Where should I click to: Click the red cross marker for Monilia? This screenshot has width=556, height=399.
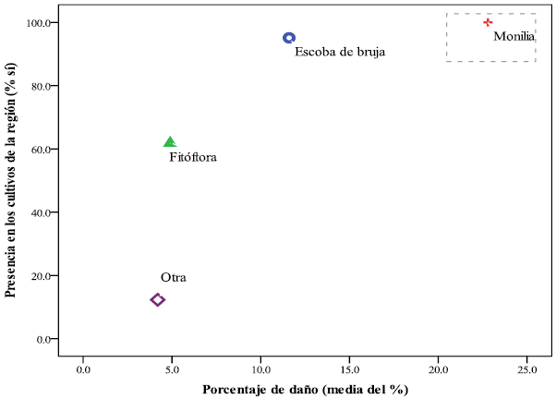(x=488, y=22)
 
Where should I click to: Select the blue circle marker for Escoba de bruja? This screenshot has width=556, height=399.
(x=289, y=38)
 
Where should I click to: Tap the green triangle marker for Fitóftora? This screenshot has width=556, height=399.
(x=170, y=142)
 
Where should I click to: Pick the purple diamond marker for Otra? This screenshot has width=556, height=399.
(x=158, y=299)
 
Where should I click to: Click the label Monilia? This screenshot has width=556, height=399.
(x=514, y=37)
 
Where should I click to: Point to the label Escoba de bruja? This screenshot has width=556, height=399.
(x=340, y=53)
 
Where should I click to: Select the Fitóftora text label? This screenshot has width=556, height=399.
(x=193, y=158)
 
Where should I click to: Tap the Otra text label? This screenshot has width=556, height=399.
(x=174, y=278)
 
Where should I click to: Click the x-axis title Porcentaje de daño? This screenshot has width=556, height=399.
(x=306, y=389)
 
